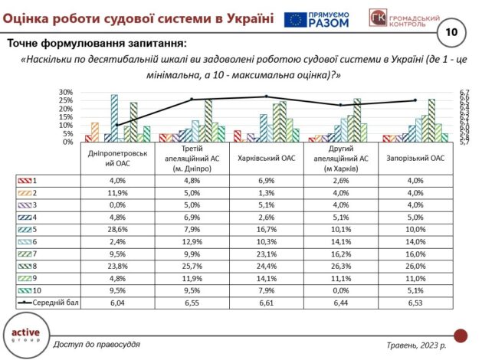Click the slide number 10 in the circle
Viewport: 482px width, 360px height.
coord(451,32)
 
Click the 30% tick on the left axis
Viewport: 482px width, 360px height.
coord(66,93)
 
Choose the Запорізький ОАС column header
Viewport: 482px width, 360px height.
coord(417,158)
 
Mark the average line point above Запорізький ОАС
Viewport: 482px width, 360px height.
coord(415,100)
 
